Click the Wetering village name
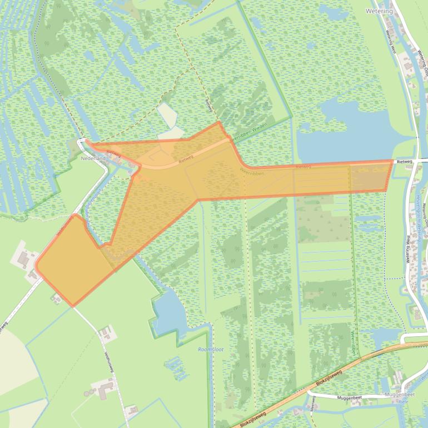379,11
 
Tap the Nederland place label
93,158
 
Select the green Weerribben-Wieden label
253,132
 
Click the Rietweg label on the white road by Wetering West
404,161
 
